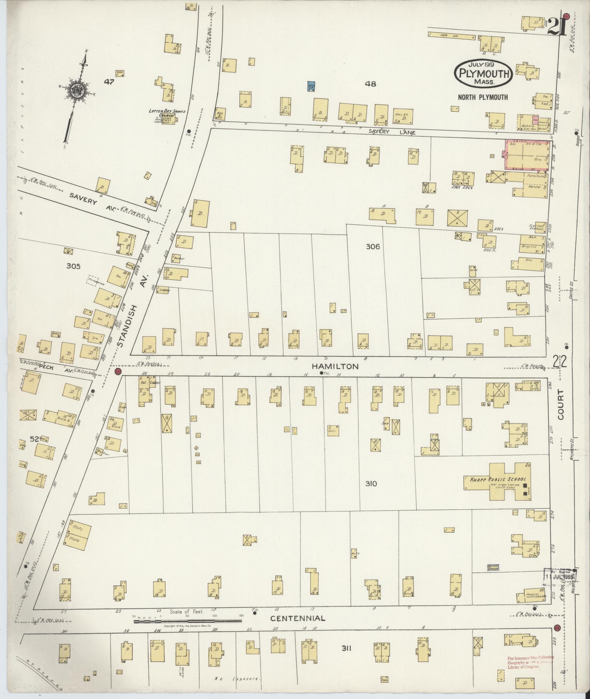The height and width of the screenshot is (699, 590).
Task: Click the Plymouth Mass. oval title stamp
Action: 483,73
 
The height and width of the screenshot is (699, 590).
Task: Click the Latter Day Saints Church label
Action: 162,113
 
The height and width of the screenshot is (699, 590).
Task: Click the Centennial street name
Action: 297,619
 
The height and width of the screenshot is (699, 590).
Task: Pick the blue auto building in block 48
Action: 311,86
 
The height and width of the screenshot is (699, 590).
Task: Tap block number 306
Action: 373,247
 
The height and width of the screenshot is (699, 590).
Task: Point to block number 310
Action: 371,484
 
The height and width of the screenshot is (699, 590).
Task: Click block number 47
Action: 109,82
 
